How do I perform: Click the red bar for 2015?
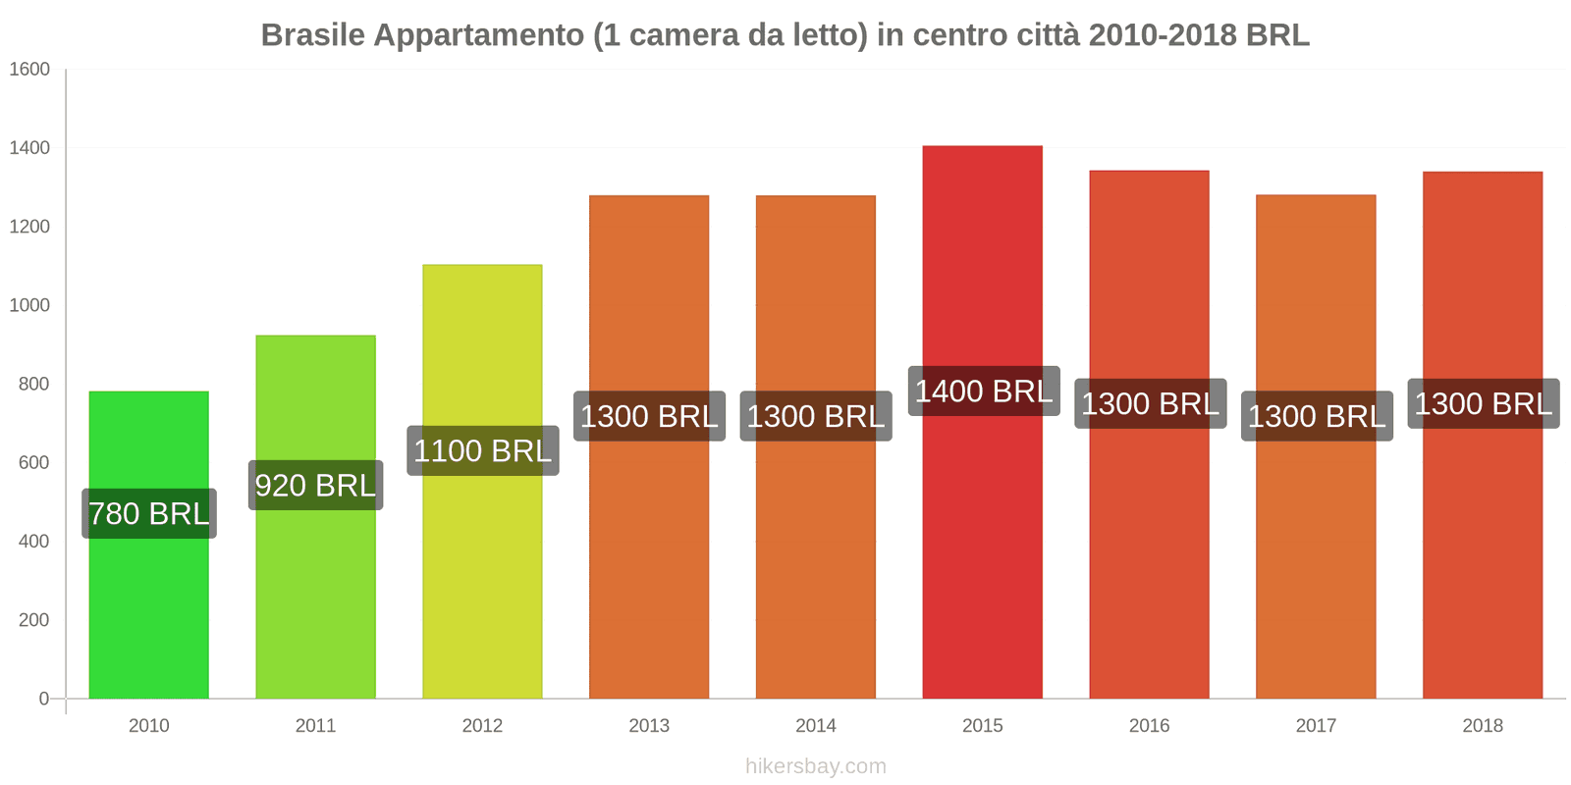982,549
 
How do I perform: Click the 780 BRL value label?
149,513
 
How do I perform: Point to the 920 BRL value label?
315,485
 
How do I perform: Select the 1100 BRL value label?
482,450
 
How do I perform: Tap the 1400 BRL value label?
983,391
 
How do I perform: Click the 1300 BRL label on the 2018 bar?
1483,403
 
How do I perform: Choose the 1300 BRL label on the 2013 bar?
649,416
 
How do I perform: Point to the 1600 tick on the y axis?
29,70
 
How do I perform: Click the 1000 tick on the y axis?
29,305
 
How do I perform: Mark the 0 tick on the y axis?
43,699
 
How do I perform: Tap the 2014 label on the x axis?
815,725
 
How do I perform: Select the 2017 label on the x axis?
1316,725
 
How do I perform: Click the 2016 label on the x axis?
1149,725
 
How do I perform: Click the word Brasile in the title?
312,35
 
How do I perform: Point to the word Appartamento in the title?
478,35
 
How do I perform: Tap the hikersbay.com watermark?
815,766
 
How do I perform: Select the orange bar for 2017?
1316,569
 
